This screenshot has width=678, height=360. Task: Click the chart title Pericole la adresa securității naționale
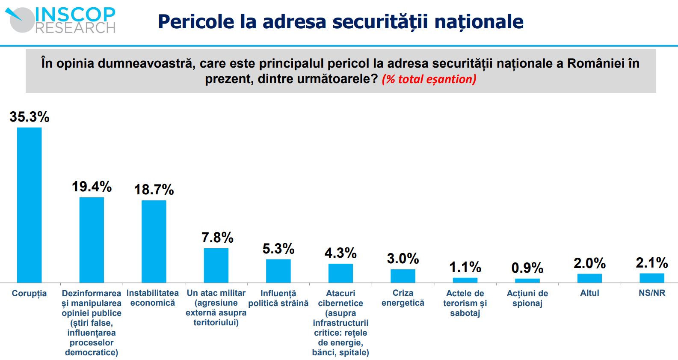340,21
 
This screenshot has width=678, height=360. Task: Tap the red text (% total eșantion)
429,79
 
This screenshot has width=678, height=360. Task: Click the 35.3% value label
30,117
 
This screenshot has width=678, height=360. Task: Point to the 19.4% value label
92,187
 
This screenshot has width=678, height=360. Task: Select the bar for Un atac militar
216,265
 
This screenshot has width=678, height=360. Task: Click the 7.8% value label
217,238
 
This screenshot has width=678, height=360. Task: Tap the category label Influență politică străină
278,298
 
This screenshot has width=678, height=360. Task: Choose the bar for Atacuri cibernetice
340,273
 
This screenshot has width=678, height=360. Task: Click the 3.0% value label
403,259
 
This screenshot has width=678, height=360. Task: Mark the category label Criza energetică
403,298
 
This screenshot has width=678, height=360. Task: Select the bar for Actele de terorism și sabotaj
465,280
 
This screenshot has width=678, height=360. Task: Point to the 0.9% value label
527,268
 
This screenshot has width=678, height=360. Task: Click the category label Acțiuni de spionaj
527,298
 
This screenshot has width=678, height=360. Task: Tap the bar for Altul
589,278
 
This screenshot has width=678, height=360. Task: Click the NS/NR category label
651,293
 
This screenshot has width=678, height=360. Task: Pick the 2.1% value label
651,263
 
